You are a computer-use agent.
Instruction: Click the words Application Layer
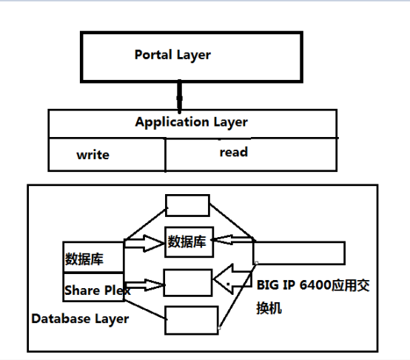click(x=191, y=121)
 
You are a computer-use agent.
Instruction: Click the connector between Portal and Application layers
click(x=178, y=96)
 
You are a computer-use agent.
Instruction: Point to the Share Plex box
click(x=94, y=290)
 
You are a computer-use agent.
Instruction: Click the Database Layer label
click(x=80, y=319)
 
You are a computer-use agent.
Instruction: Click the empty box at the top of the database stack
click(x=187, y=206)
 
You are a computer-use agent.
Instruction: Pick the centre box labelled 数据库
click(x=189, y=241)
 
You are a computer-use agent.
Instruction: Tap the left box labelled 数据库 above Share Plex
click(x=94, y=258)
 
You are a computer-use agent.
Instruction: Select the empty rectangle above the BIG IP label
click(x=299, y=252)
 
